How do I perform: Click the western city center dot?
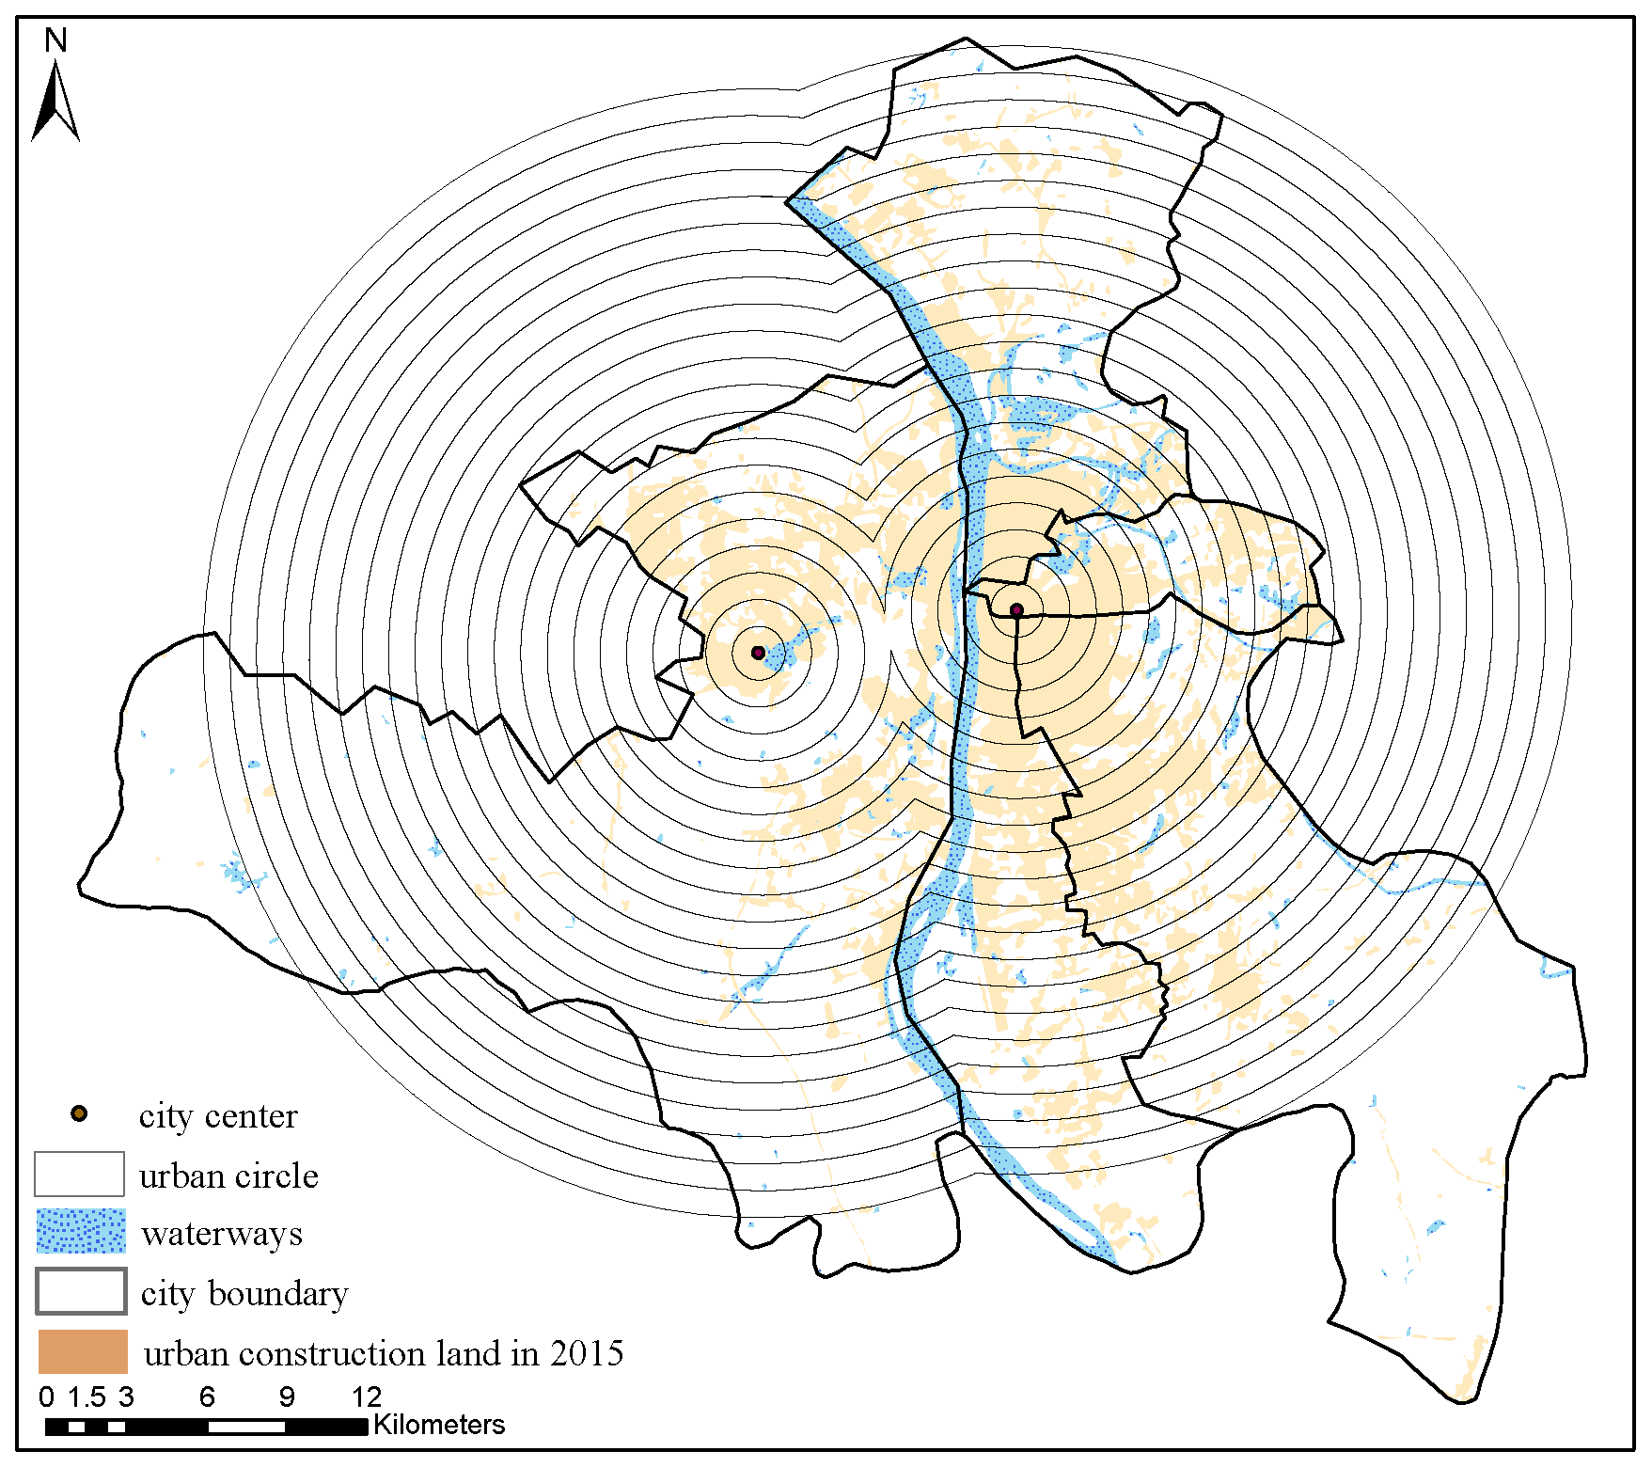[x=758, y=652]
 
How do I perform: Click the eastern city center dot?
[x=1016, y=610]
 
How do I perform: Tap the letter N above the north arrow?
[x=55, y=40]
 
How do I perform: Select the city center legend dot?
[x=79, y=1114]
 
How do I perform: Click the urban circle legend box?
[x=79, y=1174]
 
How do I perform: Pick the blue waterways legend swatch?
[x=81, y=1231]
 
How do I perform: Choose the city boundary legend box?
[x=81, y=1291]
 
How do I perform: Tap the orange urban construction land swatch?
[x=83, y=1351]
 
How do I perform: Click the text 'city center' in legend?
[x=218, y=1116]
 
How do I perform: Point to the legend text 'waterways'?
[x=222, y=1234]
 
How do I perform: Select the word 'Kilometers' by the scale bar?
[x=439, y=1425]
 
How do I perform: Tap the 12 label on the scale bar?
[x=367, y=1397]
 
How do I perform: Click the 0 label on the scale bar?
[x=47, y=1397]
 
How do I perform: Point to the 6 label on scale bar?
[x=207, y=1397]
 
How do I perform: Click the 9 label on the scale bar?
[x=287, y=1397]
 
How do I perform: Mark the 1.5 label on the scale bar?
[x=86, y=1397]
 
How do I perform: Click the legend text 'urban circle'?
[x=228, y=1176]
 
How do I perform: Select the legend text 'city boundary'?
[x=244, y=1294]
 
